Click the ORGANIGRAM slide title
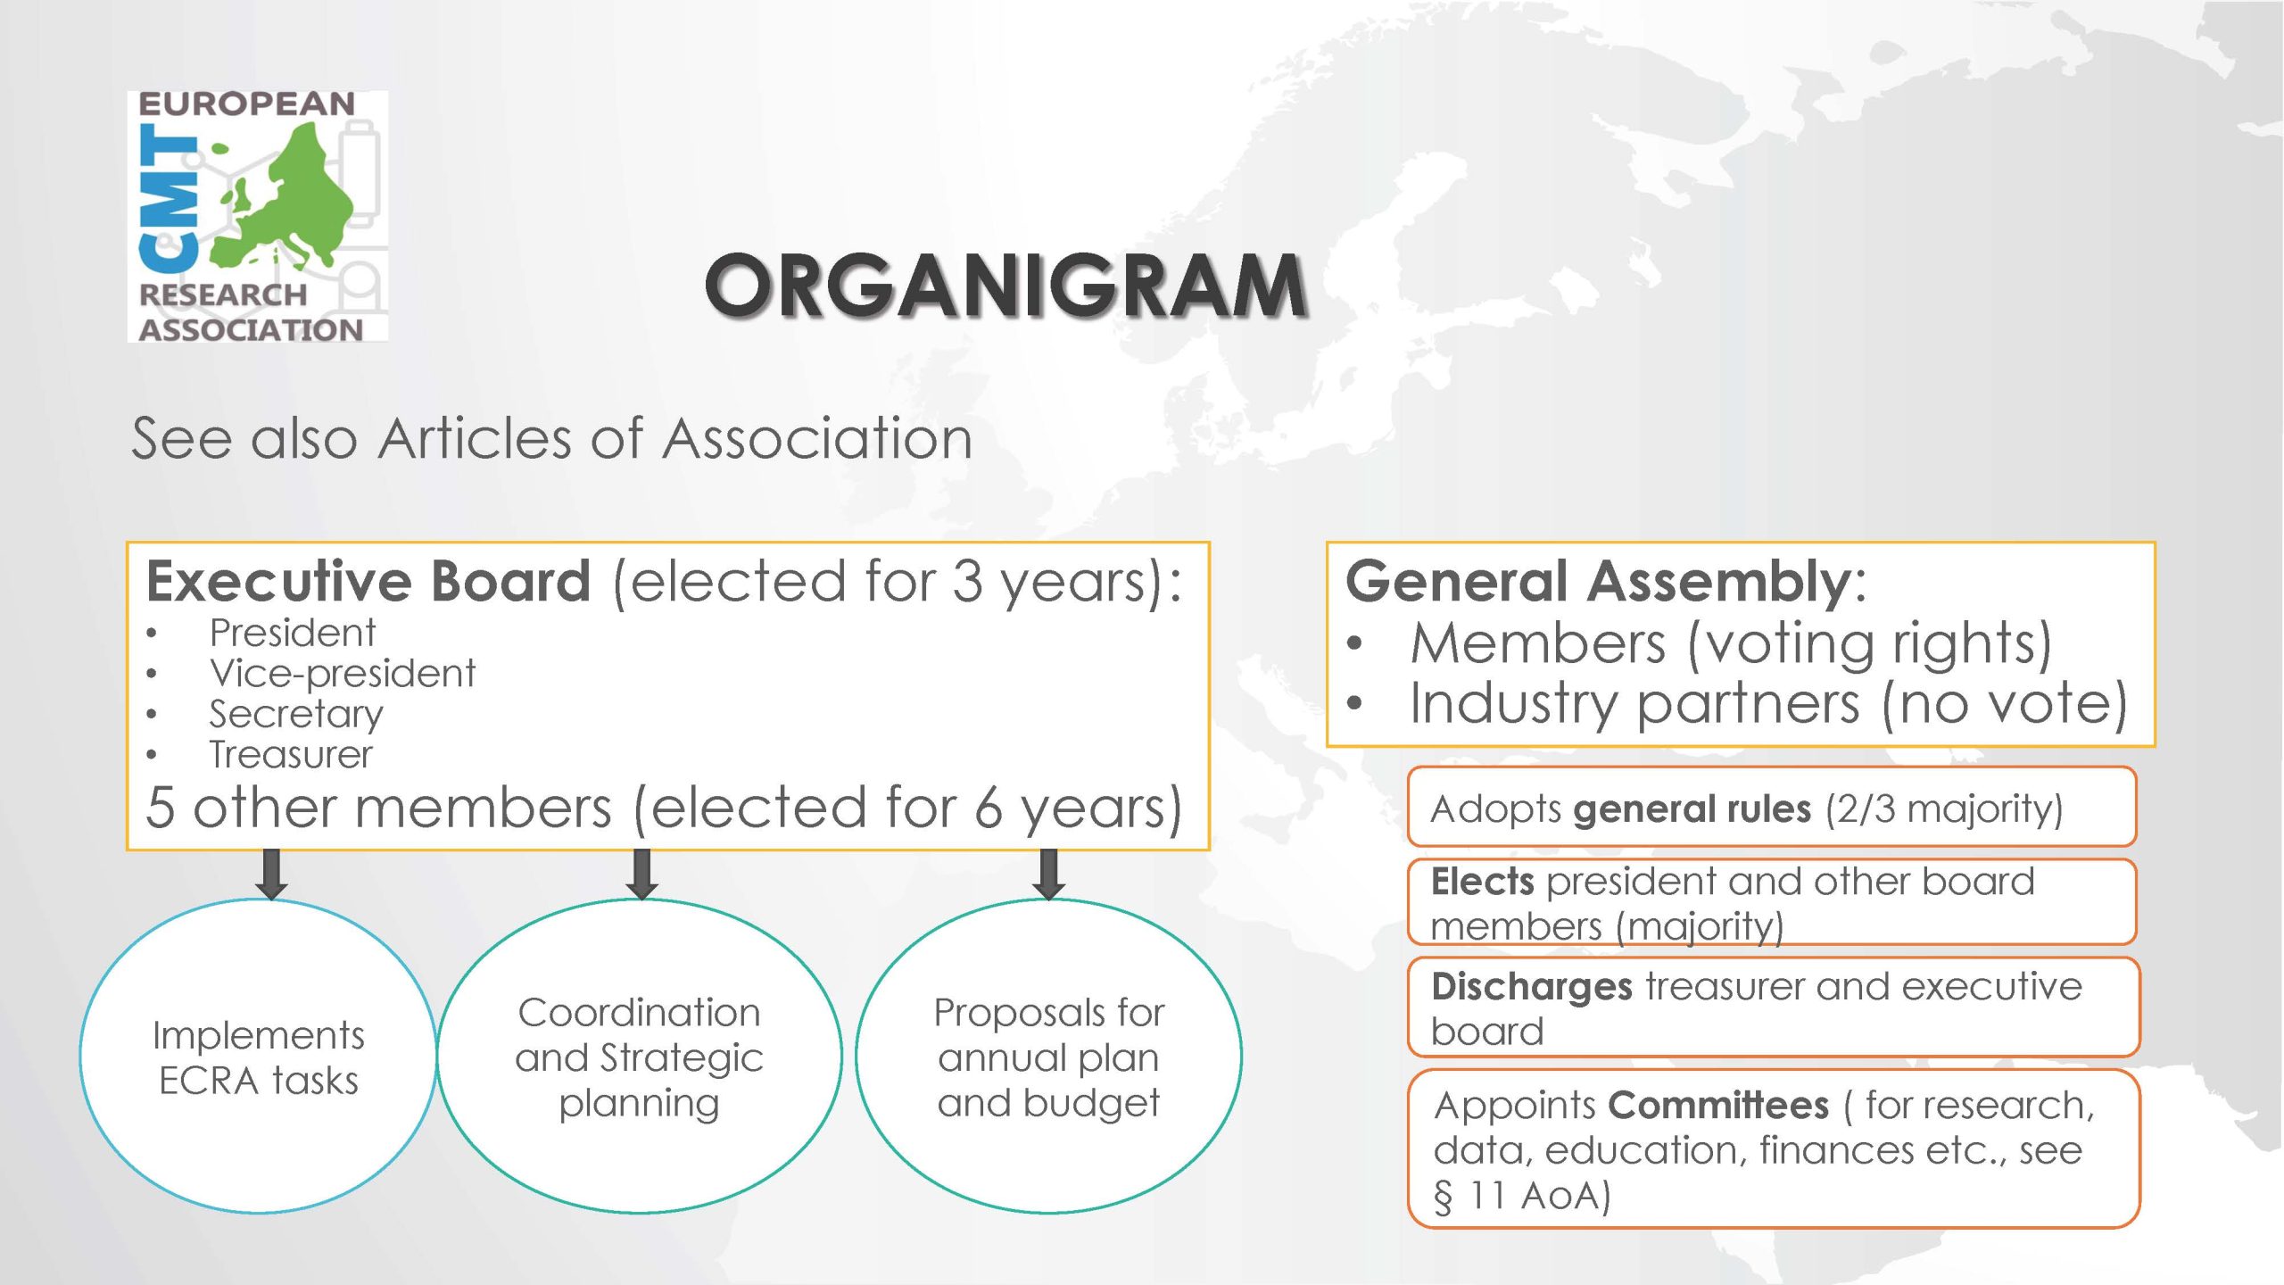click(x=1005, y=286)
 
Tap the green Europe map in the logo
click(x=290, y=201)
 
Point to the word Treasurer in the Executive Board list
click(x=291, y=755)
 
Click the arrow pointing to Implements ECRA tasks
click(x=271, y=874)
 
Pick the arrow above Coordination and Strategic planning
click(x=641, y=874)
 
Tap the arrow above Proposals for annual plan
click(x=1048, y=874)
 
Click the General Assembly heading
click(x=1605, y=582)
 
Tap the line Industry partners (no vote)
click(x=1768, y=704)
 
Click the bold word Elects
click(x=1482, y=882)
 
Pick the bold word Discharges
click(x=1531, y=987)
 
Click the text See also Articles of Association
click(x=551, y=439)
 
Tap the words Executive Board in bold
click(x=368, y=582)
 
